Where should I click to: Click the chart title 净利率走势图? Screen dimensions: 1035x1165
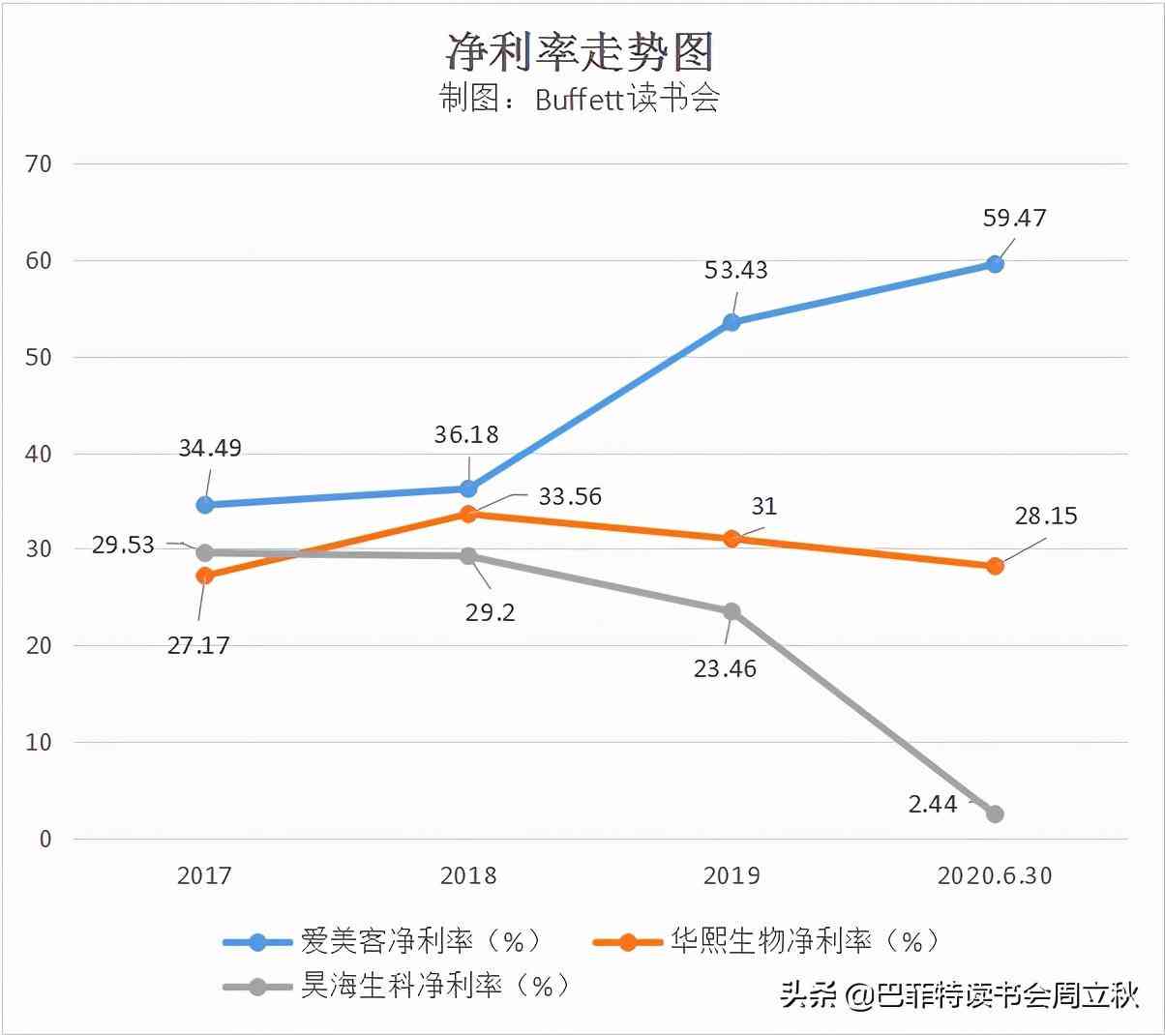click(580, 51)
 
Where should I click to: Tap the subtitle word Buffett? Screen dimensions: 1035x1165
click(579, 100)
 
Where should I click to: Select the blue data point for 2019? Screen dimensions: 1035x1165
click(732, 322)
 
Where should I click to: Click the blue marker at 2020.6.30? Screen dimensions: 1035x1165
click(995, 264)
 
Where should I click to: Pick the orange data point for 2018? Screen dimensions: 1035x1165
click(468, 514)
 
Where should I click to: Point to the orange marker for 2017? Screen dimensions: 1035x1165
click(205, 576)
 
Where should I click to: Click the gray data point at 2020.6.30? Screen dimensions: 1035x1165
click(995, 814)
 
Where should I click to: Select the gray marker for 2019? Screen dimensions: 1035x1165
click(732, 611)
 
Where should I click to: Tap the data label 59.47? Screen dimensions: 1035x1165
click(1014, 219)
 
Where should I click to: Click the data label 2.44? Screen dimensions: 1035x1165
click(933, 804)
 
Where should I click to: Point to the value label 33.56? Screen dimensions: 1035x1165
click(570, 497)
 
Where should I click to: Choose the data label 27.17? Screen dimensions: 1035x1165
click(198, 645)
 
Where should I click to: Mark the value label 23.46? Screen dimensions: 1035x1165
click(725, 668)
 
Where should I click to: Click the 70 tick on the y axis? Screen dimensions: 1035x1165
click(39, 164)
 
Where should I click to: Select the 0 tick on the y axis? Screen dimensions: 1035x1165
click(45, 839)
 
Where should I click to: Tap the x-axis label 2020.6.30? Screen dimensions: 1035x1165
click(995, 876)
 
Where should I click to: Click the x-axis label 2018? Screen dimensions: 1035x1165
click(468, 876)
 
